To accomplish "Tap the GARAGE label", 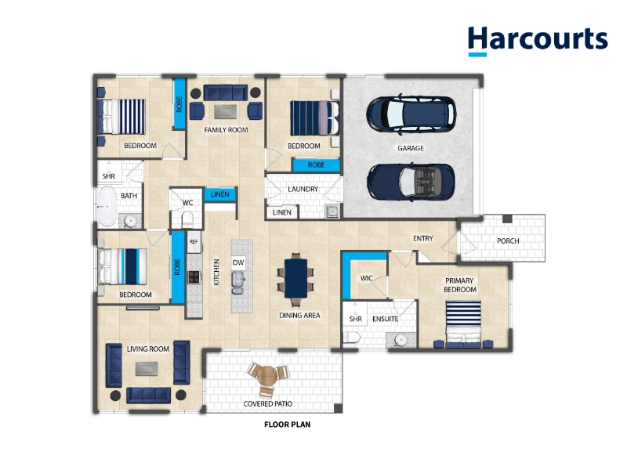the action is pyautogui.click(x=410, y=148).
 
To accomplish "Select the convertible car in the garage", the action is pyautogui.click(x=411, y=182).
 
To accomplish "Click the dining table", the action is pyautogui.click(x=296, y=278).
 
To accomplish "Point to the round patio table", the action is pyautogui.click(x=267, y=376).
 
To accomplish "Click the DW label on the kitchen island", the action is pyautogui.click(x=238, y=262).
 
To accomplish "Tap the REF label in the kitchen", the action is pyautogui.click(x=194, y=241).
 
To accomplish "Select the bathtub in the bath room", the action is pyautogui.click(x=107, y=206).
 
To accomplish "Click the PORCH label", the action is pyautogui.click(x=508, y=241).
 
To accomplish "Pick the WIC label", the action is pyautogui.click(x=366, y=278).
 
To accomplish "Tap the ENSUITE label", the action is pyautogui.click(x=385, y=319).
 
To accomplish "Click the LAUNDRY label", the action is pyautogui.click(x=303, y=189).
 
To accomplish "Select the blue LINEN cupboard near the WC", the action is pyautogui.click(x=219, y=194).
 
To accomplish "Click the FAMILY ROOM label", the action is pyautogui.click(x=226, y=130).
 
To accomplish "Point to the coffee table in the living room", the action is pyautogui.click(x=147, y=368).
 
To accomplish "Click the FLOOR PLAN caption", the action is pyautogui.click(x=287, y=425).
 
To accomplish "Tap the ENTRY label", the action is pyautogui.click(x=423, y=238).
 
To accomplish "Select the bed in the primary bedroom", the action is pyautogui.click(x=463, y=324).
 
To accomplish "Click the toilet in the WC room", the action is pyautogui.click(x=187, y=219).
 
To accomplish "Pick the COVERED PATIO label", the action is pyautogui.click(x=267, y=403).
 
